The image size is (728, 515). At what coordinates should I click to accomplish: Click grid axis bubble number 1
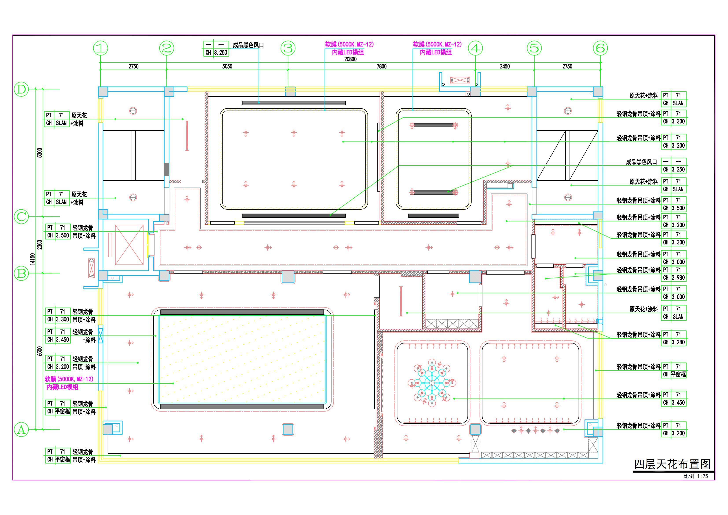coord(101,48)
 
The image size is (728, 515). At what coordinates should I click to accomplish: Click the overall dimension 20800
coord(350,59)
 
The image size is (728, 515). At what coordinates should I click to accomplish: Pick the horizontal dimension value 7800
coord(381,66)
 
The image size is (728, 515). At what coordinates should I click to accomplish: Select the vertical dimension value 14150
coord(32,259)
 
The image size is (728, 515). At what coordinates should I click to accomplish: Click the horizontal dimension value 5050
coord(227,66)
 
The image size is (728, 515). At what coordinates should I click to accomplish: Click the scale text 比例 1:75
coord(695,476)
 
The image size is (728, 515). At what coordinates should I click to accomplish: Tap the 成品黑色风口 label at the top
coord(248,45)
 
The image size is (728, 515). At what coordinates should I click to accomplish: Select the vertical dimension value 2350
coord(40,245)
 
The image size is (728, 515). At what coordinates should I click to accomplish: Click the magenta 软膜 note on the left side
coord(69,383)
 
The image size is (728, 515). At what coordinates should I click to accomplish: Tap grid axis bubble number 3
coord(288,48)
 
